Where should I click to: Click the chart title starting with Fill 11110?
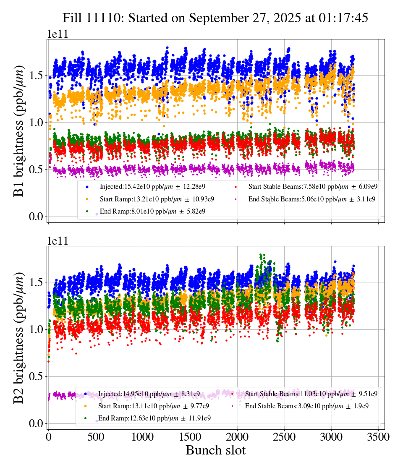coord(215,18)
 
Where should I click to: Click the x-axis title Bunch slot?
coord(215,450)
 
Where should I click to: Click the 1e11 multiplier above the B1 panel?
coord(58,34)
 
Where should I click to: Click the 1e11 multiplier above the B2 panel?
coord(58,241)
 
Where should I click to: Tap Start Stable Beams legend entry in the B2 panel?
coord(311,394)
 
